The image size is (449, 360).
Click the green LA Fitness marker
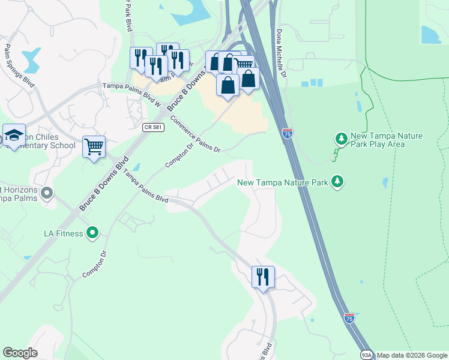pos(92,233)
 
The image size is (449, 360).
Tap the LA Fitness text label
pos(63,233)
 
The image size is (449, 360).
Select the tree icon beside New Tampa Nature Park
pos(337,181)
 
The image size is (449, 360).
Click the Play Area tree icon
pos(341,139)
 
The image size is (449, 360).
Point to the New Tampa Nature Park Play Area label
pos(387,140)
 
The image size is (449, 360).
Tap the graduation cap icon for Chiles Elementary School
pos(13,135)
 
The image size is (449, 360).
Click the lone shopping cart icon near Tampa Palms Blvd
pos(94,146)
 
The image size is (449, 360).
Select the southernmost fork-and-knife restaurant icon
pos(263,277)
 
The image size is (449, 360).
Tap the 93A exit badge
pos(365,355)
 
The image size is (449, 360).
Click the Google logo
pos(20,353)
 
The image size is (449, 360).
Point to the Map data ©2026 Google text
pos(411,355)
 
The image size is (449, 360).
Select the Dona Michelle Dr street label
pos(281,53)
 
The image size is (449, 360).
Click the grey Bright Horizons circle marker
pos(48,193)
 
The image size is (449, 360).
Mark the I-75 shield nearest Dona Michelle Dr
pos(288,133)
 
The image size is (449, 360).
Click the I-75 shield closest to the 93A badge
pos(349,317)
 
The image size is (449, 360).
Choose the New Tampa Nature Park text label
pos(283,182)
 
